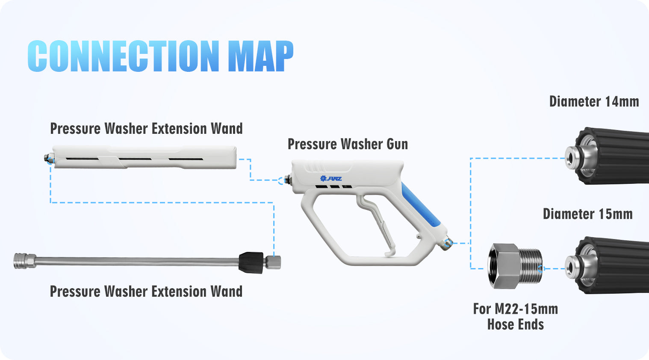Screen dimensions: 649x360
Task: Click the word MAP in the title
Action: [261, 56]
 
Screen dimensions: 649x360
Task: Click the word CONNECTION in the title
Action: [123, 56]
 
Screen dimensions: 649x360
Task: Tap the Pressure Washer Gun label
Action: [348, 144]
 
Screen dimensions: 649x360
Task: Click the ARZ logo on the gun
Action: [331, 179]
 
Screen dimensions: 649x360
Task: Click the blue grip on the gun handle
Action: [421, 205]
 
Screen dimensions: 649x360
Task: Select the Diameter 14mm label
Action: [594, 102]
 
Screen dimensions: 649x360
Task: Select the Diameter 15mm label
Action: [587, 214]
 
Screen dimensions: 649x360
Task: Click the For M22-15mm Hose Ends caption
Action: [516, 316]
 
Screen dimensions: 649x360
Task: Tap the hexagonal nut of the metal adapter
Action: [504, 266]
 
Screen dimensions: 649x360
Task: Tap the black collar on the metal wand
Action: [251, 263]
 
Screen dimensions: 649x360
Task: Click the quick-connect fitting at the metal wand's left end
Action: [25, 261]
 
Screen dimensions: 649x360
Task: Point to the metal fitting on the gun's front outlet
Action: [287, 180]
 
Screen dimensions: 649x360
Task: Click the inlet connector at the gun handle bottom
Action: [446, 243]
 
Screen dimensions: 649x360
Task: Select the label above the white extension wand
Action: [146, 128]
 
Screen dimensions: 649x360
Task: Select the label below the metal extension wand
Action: [146, 291]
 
